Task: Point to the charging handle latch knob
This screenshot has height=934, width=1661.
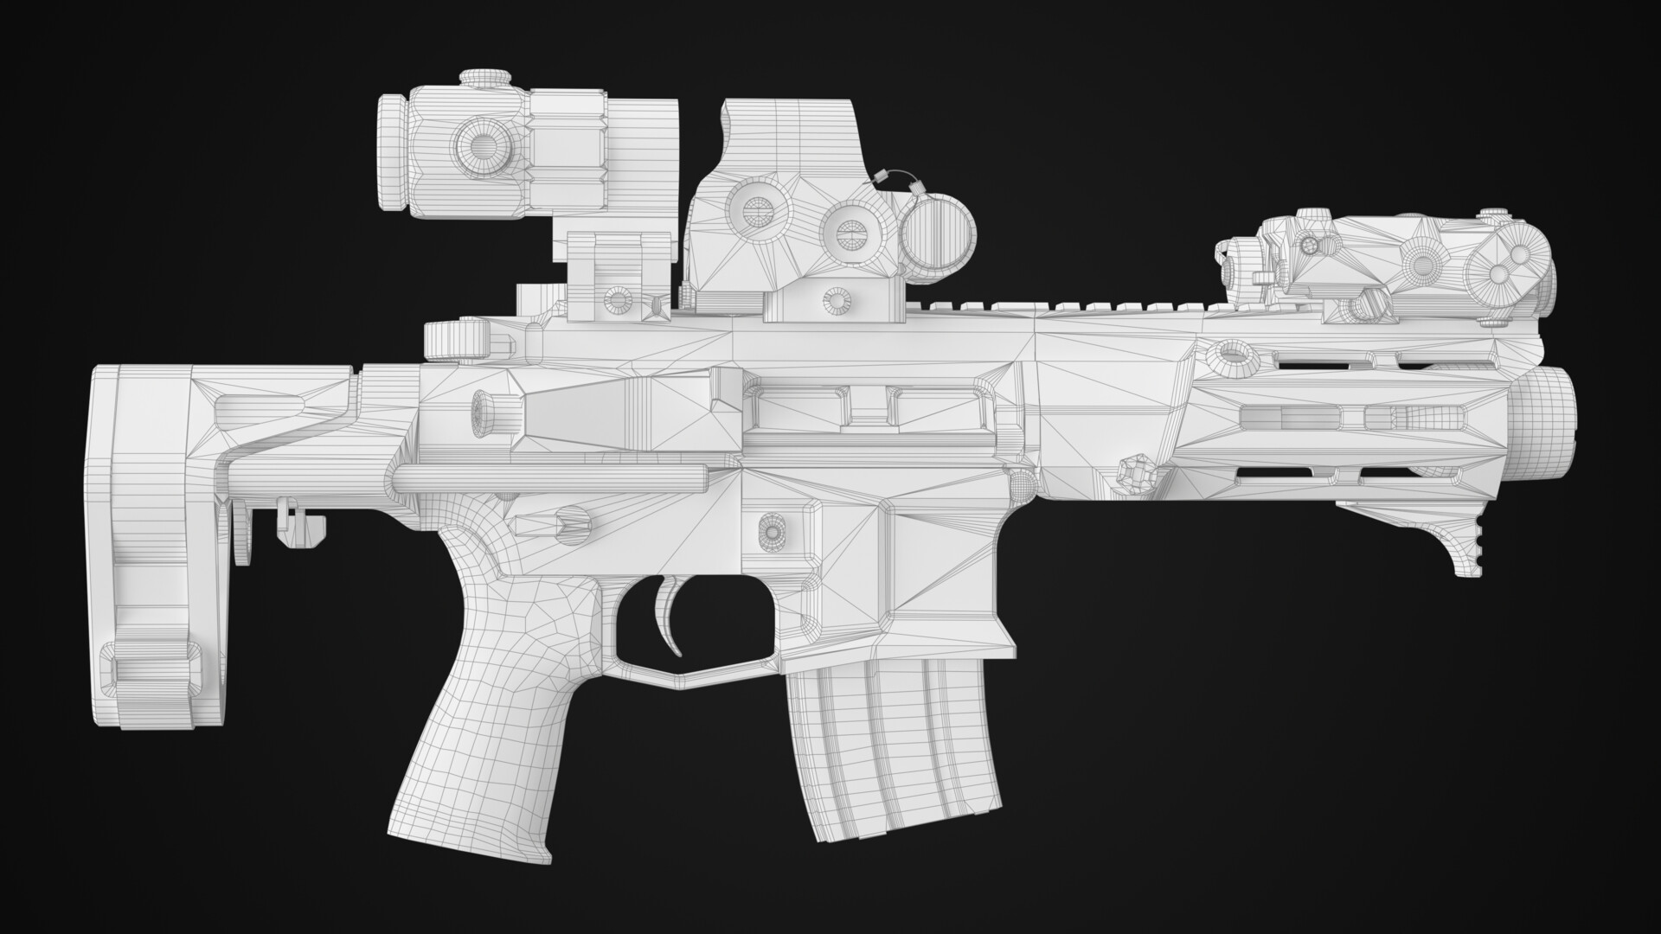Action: coord(453,340)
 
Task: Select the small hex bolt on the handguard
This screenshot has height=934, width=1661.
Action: coord(1134,472)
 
